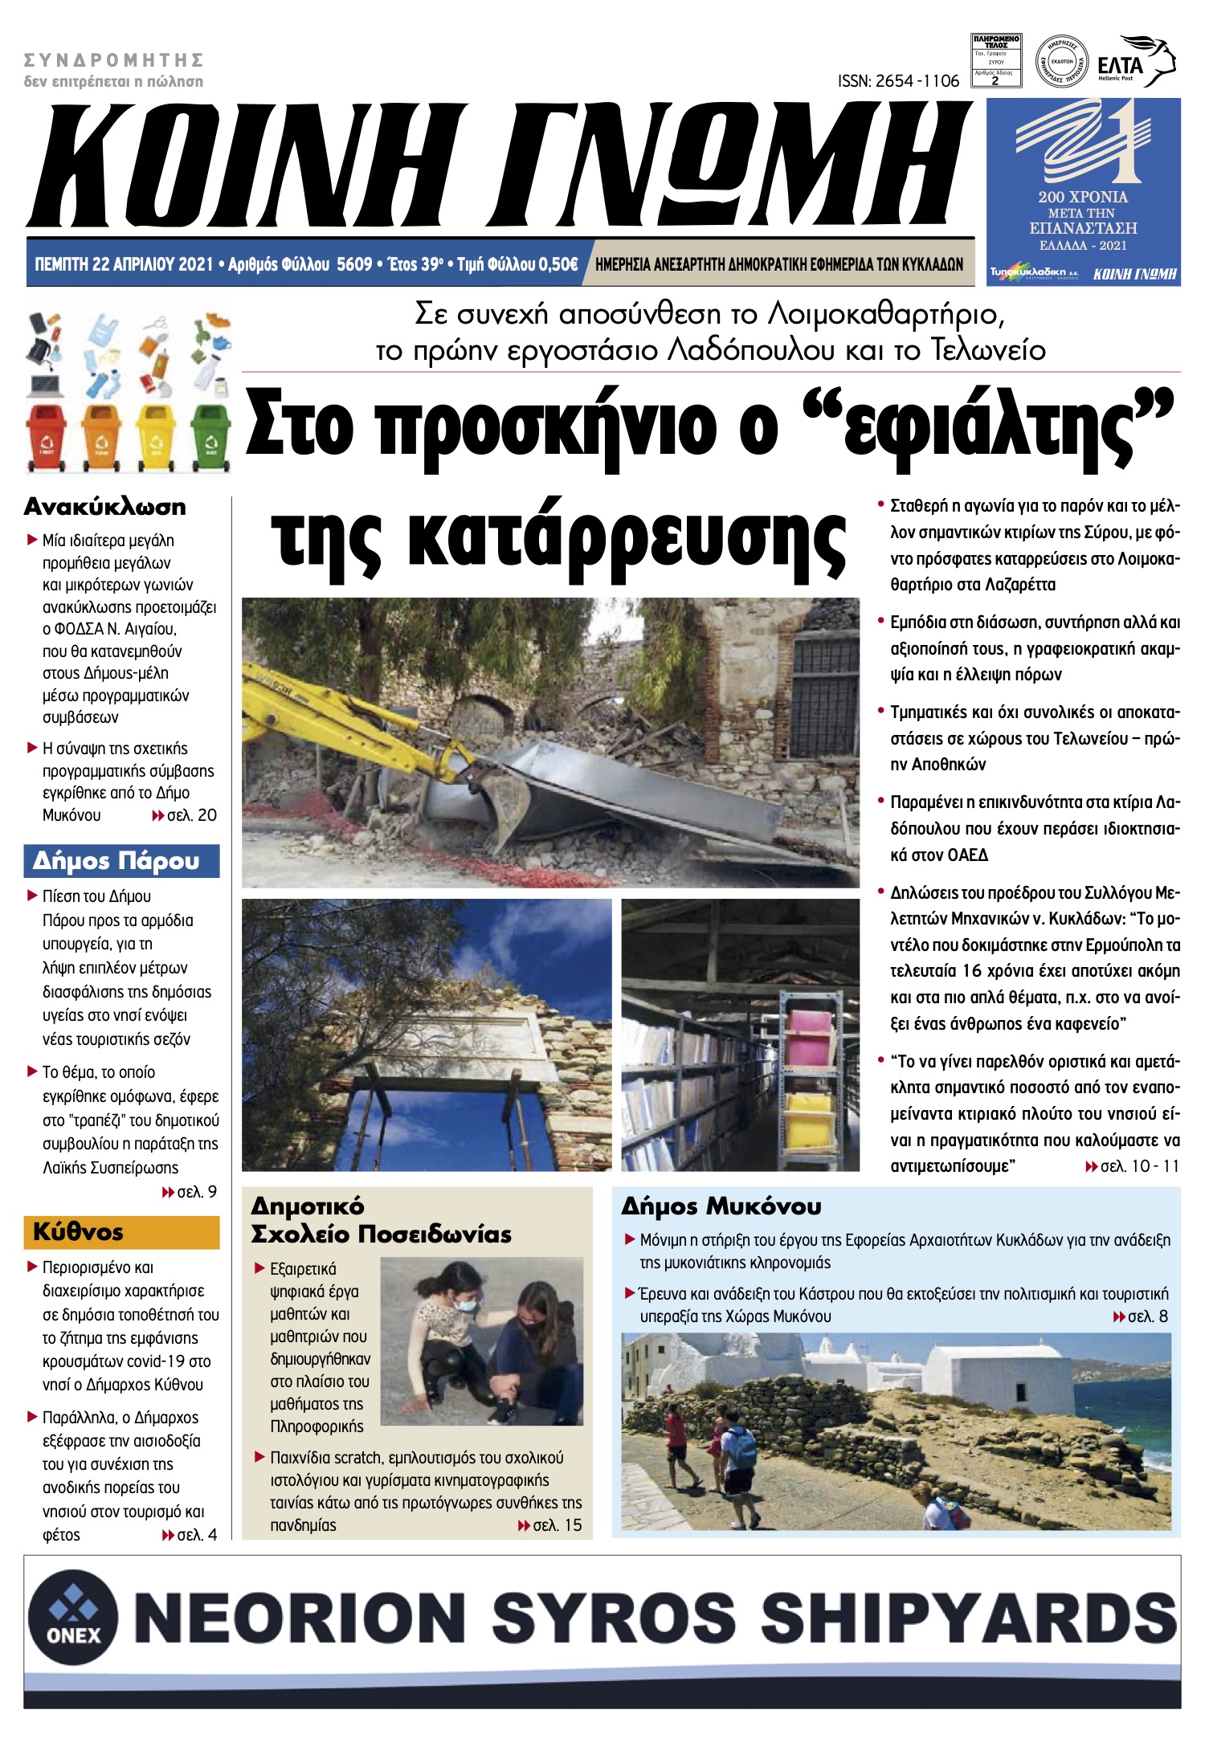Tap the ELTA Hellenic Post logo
(x=1136, y=61)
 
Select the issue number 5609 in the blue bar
(x=353, y=264)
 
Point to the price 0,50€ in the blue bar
(x=558, y=264)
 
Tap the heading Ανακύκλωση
(x=105, y=507)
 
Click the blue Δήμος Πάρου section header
(x=121, y=861)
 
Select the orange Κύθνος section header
(x=121, y=1232)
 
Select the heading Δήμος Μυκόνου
(x=721, y=1206)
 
